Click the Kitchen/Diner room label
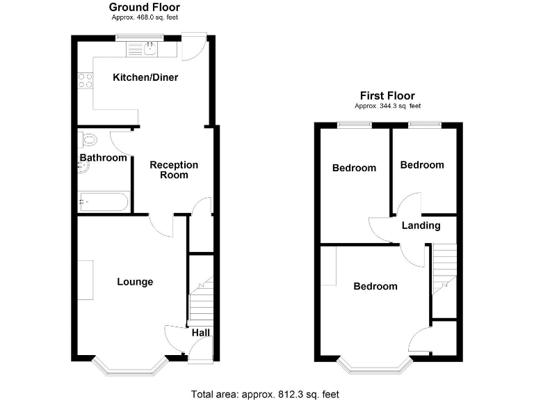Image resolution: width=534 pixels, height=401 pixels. click(x=145, y=77)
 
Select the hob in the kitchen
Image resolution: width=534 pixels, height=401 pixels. click(x=85, y=81)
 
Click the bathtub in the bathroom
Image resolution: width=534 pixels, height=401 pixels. click(x=102, y=203)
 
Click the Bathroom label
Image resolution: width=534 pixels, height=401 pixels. click(x=103, y=158)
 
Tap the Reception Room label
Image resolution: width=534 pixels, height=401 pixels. click(x=174, y=170)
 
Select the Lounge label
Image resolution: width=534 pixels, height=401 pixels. click(x=135, y=282)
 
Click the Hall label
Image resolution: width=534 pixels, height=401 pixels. click(x=201, y=333)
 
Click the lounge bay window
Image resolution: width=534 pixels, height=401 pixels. click(x=131, y=368)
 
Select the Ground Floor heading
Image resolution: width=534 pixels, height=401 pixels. click(x=145, y=8)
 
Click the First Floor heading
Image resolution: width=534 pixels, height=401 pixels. click(x=387, y=96)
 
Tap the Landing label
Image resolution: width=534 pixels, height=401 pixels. click(x=421, y=226)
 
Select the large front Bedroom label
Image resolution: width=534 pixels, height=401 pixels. click(x=375, y=286)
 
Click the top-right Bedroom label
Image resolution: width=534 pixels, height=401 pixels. click(x=421, y=165)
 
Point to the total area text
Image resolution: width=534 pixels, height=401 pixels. click(x=266, y=394)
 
